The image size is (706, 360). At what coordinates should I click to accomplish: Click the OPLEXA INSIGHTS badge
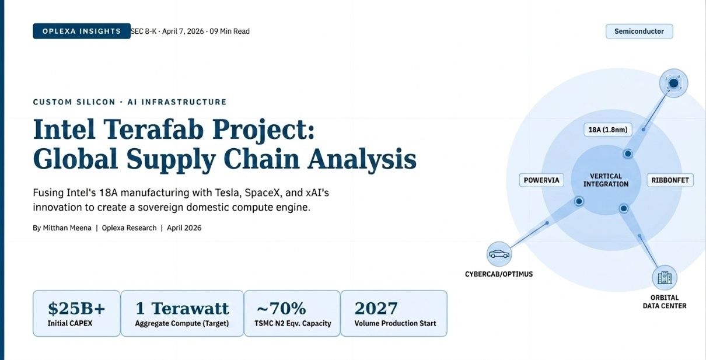coord(81,32)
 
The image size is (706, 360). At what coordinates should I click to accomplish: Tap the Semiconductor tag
coord(639,32)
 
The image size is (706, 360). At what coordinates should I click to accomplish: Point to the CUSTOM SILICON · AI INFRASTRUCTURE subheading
coord(130,102)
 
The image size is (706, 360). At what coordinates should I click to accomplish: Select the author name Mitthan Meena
coord(67,228)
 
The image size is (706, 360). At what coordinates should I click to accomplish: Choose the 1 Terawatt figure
coord(182,308)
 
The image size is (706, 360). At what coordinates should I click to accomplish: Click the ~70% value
coord(281,308)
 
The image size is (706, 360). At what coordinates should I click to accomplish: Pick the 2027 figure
coord(376,308)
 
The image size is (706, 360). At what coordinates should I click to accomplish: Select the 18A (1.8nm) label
coord(606,130)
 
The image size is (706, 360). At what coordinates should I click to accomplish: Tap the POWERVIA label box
coord(541,180)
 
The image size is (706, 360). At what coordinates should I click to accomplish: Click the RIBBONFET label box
coord(669,180)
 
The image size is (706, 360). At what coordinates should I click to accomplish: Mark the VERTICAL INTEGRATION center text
coord(606,180)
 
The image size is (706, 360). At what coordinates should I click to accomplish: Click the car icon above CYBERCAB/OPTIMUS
coord(499,254)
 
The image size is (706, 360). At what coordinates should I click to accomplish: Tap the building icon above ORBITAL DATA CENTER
coord(665,278)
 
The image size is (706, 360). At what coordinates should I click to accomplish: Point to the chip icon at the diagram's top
coord(673,84)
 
